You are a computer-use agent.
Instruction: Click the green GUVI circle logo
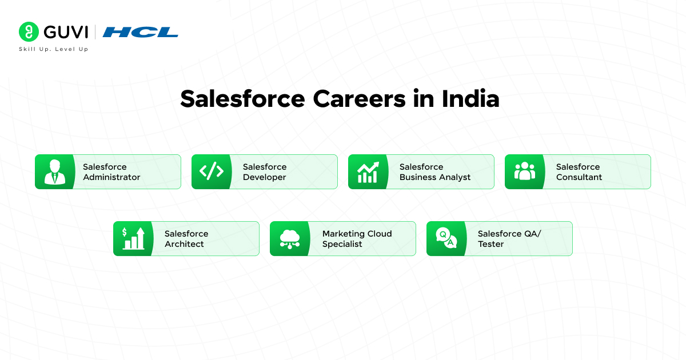[29, 31]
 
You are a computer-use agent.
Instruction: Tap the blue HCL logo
[140, 32]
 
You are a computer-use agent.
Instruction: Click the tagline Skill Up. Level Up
[54, 49]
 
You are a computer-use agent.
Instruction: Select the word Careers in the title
[359, 99]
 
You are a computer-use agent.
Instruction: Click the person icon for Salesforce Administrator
[55, 172]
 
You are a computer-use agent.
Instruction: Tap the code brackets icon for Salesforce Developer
[212, 171]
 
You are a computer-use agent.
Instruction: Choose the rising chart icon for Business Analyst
[368, 172]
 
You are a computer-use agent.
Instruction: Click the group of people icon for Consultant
[525, 171]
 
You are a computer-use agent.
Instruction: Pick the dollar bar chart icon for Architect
[133, 238]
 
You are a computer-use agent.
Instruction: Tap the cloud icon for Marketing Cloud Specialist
[290, 239]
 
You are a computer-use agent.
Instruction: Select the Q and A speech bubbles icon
[446, 238]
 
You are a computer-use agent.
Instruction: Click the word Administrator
[111, 177]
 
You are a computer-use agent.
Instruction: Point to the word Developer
[264, 177]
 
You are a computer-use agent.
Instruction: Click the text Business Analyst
[435, 177]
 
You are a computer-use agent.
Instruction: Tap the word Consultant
[579, 177]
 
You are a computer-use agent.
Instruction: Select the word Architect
[184, 244]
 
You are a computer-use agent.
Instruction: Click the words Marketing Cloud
[357, 234]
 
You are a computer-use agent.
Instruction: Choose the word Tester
[490, 244]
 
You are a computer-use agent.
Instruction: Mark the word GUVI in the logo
[66, 32]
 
